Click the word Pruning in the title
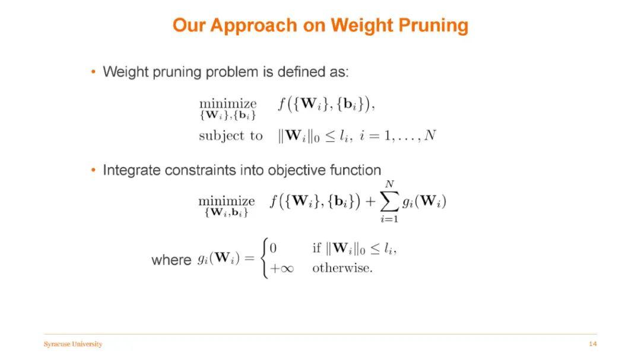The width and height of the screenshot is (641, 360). [433, 26]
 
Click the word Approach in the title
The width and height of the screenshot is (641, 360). [253, 26]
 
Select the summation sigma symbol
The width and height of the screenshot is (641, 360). [389, 202]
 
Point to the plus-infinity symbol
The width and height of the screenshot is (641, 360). [282, 269]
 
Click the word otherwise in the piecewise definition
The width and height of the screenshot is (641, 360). [342, 268]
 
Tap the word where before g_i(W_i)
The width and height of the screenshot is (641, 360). [172, 260]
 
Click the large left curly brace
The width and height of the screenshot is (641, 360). [265, 258]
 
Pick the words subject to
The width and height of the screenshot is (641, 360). [230, 136]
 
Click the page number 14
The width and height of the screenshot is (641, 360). [593, 343]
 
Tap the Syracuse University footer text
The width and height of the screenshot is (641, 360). [73, 344]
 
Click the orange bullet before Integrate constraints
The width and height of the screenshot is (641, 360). [94, 170]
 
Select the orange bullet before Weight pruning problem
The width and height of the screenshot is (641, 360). [94, 72]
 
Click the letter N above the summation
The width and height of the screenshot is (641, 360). [389, 184]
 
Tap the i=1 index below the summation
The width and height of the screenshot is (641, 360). [389, 219]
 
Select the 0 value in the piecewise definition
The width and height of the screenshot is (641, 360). [273, 248]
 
